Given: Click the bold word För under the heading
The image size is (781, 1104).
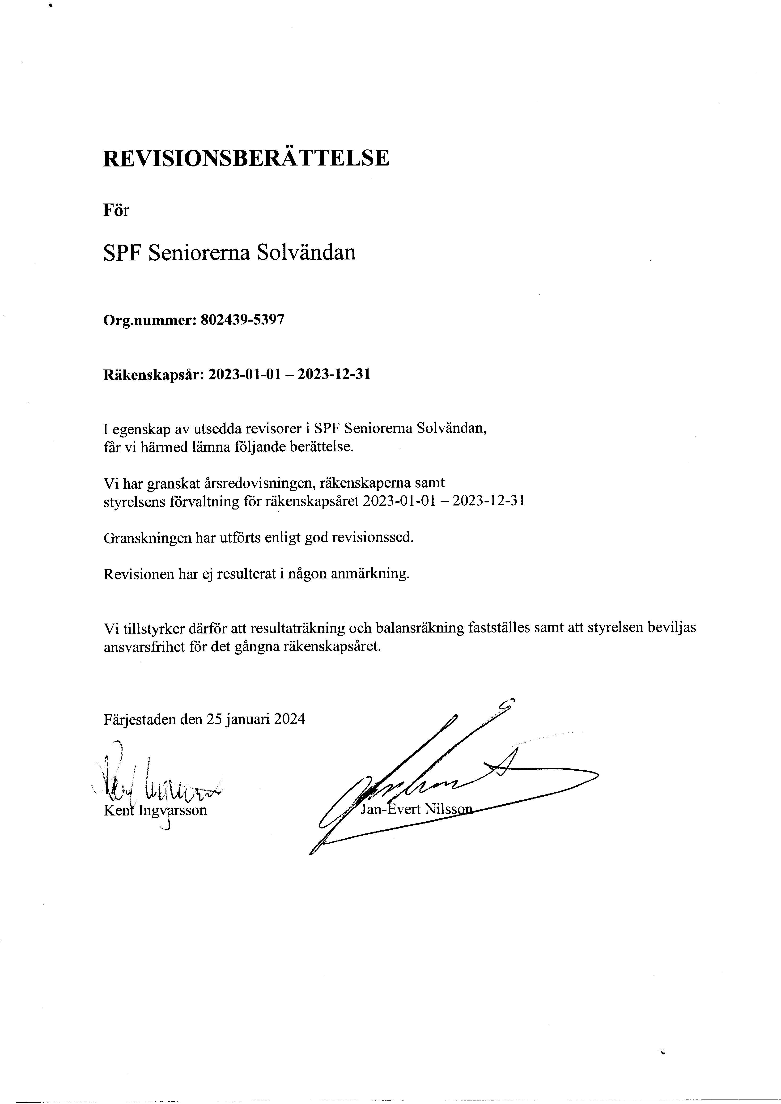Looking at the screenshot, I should pyautogui.click(x=116, y=210).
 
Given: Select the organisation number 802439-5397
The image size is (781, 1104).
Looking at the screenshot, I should pyautogui.click(x=242, y=320).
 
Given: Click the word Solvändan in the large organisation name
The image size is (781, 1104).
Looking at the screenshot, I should pyautogui.click(x=306, y=252).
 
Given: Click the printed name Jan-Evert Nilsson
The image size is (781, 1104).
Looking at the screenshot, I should pyautogui.click(x=416, y=809).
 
